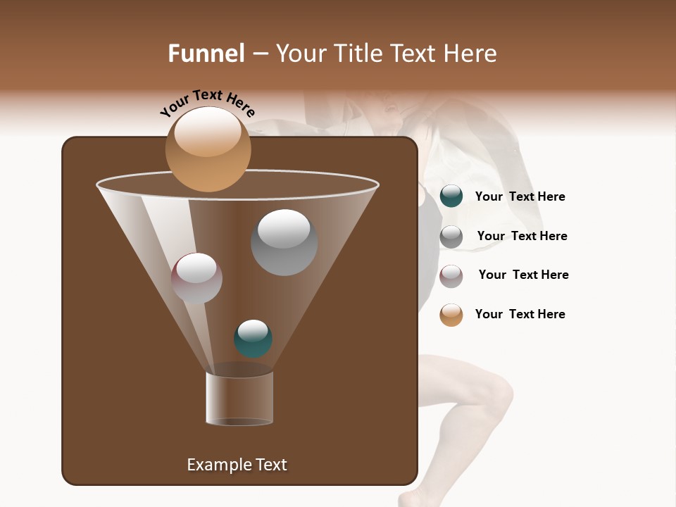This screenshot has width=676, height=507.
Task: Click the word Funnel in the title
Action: (206, 54)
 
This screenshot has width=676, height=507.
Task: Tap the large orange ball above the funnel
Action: (208, 149)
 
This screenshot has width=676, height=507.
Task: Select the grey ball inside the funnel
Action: (284, 242)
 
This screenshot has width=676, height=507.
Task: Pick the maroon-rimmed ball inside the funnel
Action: (196, 278)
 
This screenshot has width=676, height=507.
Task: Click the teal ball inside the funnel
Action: (253, 339)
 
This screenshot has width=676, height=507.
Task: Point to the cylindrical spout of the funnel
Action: (239, 398)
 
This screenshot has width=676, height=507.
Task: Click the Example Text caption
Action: (237, 465)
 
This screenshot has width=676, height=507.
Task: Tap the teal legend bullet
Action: (451, 196)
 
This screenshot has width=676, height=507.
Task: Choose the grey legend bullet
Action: (451, 237)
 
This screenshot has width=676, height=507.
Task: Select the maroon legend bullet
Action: (451, 276)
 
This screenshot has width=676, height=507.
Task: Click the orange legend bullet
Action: (451, 315)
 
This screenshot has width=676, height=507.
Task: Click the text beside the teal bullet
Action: (520, 197)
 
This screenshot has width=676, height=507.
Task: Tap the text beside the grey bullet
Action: (522, 237)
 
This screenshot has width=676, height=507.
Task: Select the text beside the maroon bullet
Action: (523, 275)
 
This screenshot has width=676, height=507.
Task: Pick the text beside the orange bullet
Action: (520, 315)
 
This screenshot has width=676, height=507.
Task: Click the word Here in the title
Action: (472, 54)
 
